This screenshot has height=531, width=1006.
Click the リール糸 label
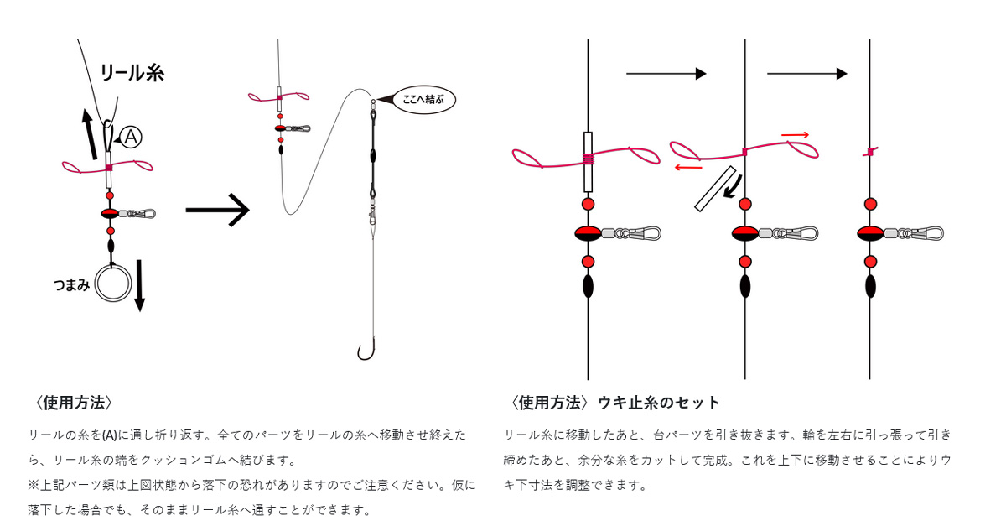[132, 73]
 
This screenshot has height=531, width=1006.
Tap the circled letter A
[131, 137]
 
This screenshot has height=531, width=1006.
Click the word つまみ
[72, 285]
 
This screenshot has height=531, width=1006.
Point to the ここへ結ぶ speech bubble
[423, 100]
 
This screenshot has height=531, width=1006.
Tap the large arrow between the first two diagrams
[218, 210]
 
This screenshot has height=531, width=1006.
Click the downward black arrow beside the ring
[140, 286]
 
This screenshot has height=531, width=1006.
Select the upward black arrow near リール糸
[90, 134]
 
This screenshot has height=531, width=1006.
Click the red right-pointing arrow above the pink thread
[795, 135]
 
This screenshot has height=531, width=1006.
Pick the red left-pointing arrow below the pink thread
[688, 168]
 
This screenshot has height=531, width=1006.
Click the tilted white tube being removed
[715, 189]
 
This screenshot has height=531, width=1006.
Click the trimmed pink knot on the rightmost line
[870, 152]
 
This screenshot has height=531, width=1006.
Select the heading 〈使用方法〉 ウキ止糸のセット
[614, 403]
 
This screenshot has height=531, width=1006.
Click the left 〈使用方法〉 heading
[74, 403]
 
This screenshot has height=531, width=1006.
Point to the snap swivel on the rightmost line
[914, 233]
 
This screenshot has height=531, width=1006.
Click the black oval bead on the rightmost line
[870, 286]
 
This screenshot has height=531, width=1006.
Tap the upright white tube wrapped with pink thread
[588, 162]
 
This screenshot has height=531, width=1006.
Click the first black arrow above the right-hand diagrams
[666, 74]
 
